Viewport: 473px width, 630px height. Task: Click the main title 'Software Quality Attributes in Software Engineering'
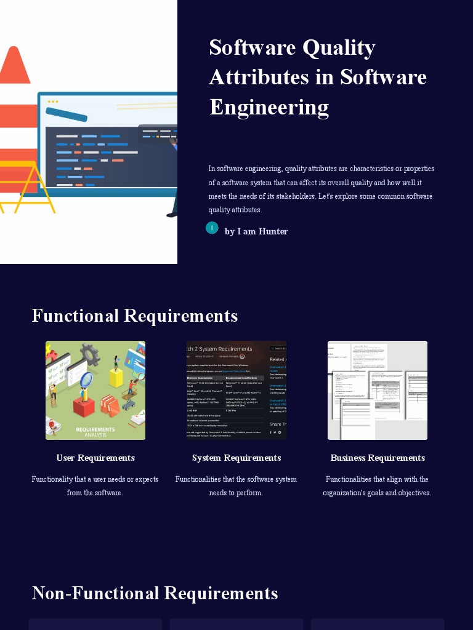pos(318,77)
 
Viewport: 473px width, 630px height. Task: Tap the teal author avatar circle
pos(212,228)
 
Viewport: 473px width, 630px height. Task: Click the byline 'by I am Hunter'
pos(256,231)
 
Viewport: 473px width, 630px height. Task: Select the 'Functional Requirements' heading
pos(134,316)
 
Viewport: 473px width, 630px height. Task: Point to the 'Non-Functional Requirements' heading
pos(155,593)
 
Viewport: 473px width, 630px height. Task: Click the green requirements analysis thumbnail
pos(95,390)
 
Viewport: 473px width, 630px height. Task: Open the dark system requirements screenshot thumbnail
pos(236,390)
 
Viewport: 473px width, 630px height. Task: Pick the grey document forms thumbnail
pos(378,390)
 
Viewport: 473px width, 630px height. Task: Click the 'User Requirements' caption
pos(95,458)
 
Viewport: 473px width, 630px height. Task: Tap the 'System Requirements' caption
pos(236,458)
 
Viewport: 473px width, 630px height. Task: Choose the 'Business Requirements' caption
pos(378,458)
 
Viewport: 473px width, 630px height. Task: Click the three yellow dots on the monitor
pos(53,102)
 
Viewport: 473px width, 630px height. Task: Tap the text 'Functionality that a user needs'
pos(95,479)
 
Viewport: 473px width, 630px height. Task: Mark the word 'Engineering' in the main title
pos(269,107)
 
